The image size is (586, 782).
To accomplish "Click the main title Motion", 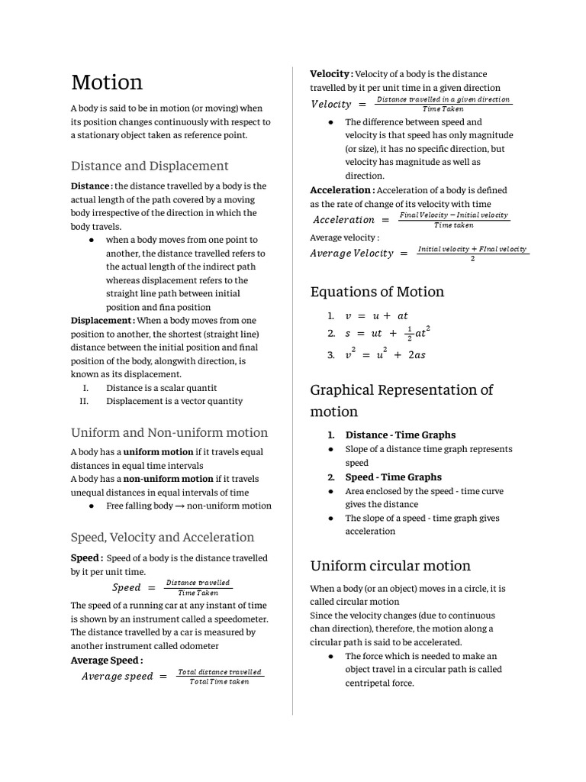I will coord(107,82).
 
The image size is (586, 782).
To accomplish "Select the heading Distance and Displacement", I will coord(150,166).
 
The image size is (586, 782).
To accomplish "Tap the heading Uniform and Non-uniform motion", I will coord(169,432).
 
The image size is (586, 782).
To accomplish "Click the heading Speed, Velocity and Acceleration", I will coord(163,537).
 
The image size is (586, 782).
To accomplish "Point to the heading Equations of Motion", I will coord(377,292).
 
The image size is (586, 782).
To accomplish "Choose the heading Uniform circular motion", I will coord(390,566).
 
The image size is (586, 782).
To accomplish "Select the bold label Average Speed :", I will coord(107,660).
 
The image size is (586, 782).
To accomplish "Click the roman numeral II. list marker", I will coord(85,401).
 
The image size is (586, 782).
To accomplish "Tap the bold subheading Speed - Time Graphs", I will coord(393,477).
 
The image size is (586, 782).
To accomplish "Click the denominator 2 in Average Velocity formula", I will coord(473,258).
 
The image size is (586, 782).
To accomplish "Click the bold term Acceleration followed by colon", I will coord(342,190).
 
